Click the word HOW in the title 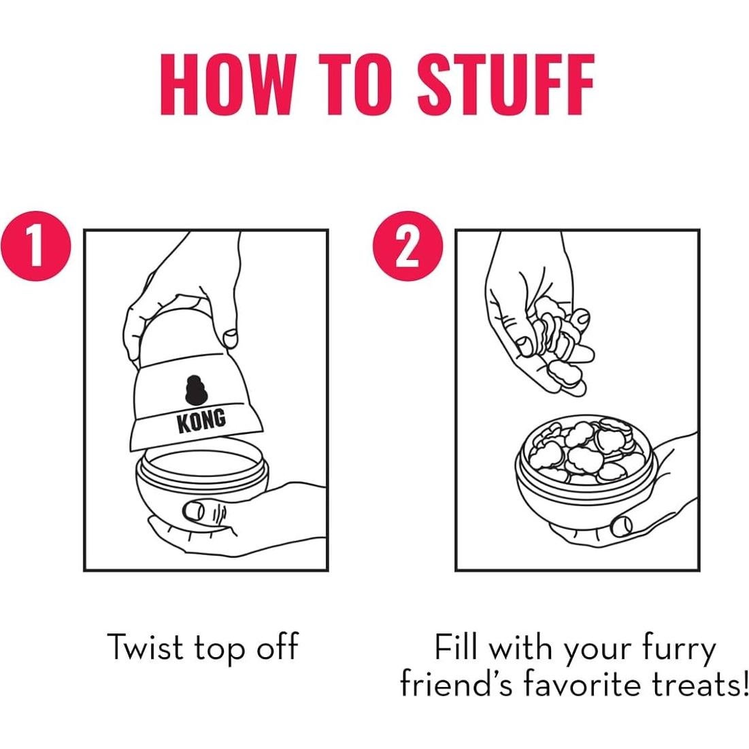click(227, 84)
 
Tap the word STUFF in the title click(506, 84)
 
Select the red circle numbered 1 click(36, 246)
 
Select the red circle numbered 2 click(407, 246)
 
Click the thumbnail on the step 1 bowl click(194, 511)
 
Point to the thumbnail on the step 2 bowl click(621, 526)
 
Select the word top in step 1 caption click(220, 650)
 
